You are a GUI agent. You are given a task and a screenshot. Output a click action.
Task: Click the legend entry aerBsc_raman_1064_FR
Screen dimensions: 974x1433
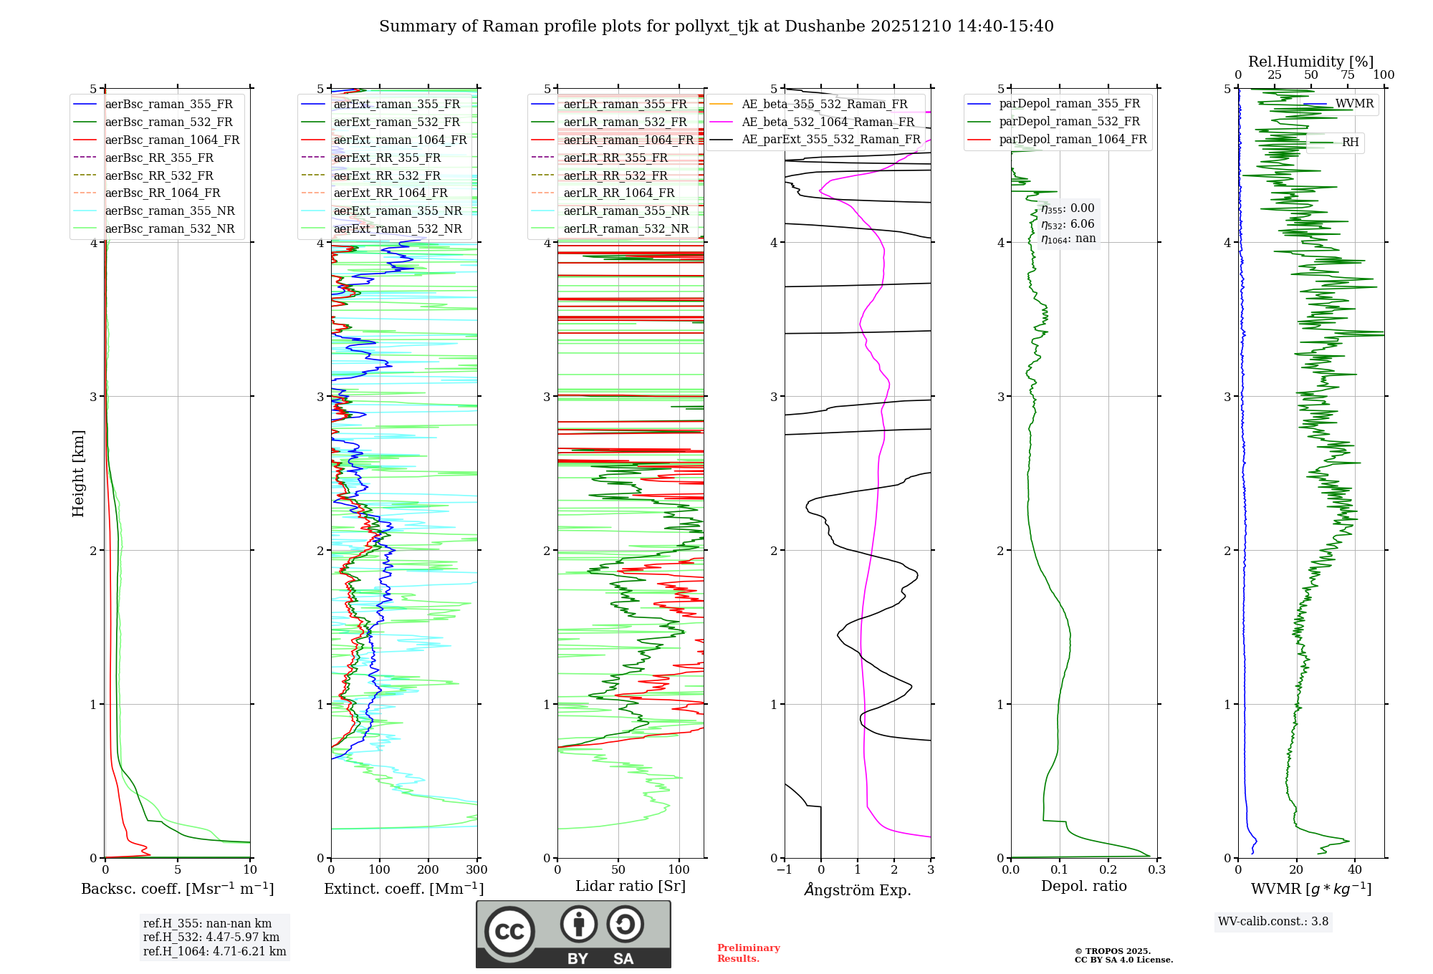(172, 140)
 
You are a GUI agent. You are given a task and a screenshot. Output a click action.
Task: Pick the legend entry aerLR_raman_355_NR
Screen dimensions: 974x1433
(626, 211)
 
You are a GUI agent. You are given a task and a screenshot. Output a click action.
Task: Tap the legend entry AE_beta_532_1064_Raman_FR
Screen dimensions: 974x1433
(828, 122)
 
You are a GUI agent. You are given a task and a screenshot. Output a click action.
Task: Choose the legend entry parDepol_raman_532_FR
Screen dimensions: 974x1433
(1069, 122)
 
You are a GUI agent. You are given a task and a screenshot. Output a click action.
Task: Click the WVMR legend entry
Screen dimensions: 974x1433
(1354, 104)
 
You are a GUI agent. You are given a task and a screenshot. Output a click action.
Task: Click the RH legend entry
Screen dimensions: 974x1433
(1350, 143)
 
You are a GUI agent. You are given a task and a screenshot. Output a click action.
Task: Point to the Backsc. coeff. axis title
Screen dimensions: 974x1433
(177, 889)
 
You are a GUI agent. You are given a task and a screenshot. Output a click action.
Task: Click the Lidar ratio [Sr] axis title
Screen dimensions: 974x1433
(631, 886)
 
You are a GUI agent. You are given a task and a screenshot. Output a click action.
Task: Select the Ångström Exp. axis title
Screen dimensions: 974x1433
(858, 890)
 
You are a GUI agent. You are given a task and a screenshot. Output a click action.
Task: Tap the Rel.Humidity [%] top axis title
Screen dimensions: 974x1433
(1310, 62)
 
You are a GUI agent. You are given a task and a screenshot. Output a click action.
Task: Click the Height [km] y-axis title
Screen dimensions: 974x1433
(78, 473)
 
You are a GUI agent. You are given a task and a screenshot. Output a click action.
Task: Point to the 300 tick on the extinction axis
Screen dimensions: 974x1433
(477, 870)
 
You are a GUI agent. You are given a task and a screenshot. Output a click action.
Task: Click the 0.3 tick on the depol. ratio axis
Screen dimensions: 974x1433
(1156, 870)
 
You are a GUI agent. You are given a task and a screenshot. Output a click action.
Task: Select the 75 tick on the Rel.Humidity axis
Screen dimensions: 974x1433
(1348, 75)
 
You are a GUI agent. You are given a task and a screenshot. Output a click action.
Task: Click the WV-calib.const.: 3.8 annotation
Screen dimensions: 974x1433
(1273, 922)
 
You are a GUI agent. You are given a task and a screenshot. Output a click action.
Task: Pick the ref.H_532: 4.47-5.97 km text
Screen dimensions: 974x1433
(211, 937)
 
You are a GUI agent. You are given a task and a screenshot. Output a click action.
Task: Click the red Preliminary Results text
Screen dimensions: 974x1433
(748, 953)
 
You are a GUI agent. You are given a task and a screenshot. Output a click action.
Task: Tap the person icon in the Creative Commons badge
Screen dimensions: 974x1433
(579, 925)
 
